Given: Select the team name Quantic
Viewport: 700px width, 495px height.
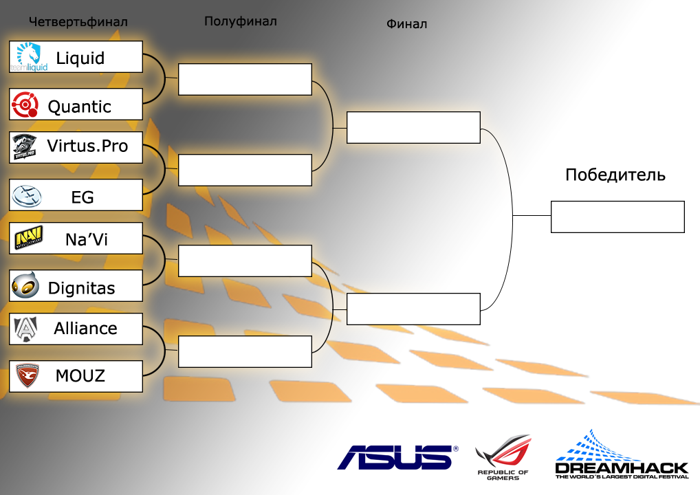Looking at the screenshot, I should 79,107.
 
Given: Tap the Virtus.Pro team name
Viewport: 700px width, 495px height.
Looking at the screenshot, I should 87,146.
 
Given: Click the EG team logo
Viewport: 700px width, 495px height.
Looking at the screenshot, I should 28,197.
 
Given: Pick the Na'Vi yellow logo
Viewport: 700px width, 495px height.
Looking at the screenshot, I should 29,238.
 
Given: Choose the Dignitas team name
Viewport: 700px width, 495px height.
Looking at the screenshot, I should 81,288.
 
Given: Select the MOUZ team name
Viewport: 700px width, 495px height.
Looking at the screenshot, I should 80,376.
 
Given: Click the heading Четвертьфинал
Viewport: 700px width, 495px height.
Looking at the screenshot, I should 78,21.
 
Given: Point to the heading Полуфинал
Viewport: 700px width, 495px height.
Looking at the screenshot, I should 240,21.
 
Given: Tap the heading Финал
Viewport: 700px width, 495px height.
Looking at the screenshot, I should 406,24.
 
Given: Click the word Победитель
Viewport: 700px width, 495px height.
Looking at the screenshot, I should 615,175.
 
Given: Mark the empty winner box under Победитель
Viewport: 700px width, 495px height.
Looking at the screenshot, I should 617,217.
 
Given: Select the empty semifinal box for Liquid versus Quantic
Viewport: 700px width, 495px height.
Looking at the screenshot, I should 245,79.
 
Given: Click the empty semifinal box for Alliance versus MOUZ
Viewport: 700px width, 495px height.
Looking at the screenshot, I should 245,351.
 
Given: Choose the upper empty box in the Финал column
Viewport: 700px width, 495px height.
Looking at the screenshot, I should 413,127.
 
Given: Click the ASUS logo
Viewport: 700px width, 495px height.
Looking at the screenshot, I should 397,456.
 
